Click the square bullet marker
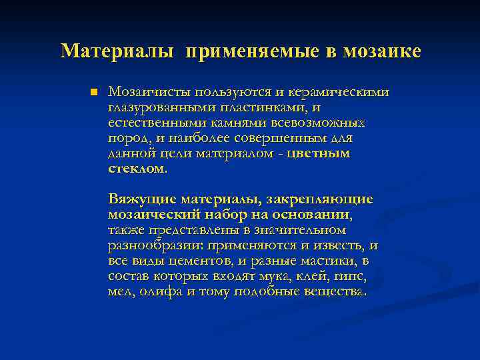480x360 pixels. [93, 91]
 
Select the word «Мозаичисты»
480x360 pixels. [150, 92]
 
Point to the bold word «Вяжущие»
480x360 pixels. [142, 199]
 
